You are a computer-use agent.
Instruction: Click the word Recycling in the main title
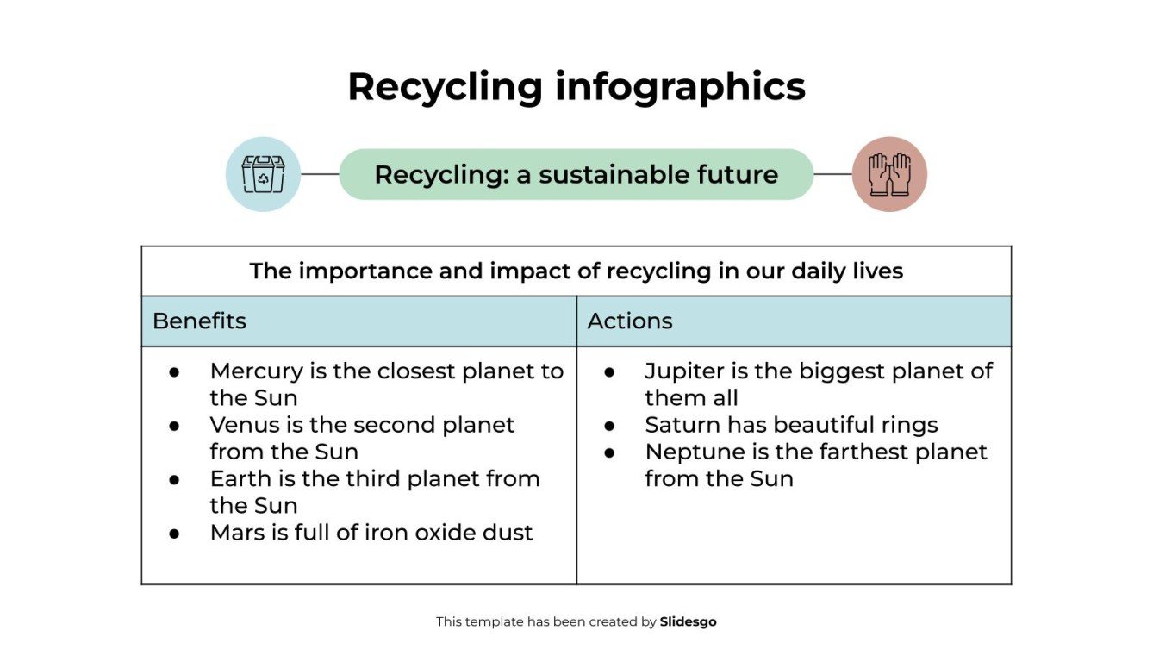coord(445,88)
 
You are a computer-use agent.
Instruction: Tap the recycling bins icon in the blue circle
coord(263,174)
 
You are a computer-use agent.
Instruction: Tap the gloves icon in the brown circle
coord(889,174)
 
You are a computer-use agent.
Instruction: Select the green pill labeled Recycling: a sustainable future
coord(576,175)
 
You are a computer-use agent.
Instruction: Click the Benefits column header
coord(199,321)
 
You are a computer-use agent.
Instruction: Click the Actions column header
coord(630,321)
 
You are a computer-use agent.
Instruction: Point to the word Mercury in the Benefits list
coord(256,371)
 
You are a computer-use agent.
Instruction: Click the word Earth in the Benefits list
coord(237,478)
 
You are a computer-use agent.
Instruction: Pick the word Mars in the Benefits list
coord(237,533)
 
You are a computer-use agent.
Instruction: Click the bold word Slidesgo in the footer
coord(688,621)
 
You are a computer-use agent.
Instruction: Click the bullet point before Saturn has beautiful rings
coord(609,426)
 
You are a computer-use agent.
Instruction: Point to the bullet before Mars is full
coord(174,534)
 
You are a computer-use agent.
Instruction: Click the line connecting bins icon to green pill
coord(320,174)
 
